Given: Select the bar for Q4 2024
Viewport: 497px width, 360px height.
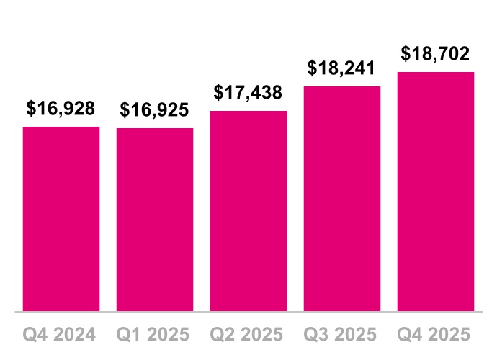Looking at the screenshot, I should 61,219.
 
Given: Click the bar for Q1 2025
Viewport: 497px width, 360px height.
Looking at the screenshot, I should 155,220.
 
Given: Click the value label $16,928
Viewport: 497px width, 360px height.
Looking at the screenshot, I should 61,109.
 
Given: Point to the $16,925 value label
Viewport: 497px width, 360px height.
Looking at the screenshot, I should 155,110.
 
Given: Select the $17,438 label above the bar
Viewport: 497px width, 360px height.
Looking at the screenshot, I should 248,93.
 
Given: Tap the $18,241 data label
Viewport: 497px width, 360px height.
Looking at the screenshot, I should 342,68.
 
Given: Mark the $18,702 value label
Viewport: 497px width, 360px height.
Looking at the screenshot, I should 436,54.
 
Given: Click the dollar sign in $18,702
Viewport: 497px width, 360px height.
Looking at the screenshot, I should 406,54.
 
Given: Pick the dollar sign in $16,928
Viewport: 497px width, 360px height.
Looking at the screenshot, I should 32,109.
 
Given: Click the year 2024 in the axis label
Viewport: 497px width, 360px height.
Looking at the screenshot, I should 75,335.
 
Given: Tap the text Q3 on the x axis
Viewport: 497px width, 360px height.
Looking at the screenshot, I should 317,335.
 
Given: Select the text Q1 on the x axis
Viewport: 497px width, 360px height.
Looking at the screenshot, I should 130,335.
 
